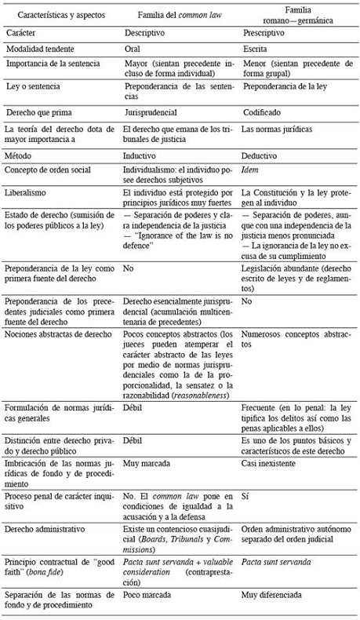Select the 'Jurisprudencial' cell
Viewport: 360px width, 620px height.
click(x=152, y=112)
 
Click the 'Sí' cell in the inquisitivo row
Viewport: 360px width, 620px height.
click(x=245, y=497)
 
